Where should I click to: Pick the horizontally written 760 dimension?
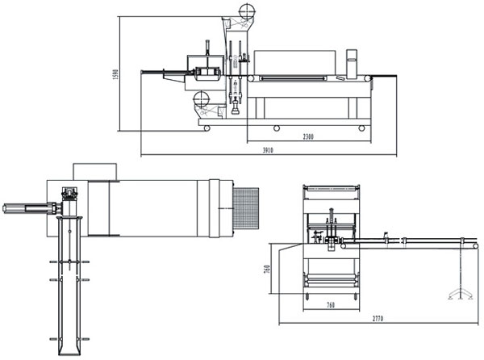pyautogui.click(x=330, y=305)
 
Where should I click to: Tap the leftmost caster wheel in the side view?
pyautogui.click(x=207, y=128)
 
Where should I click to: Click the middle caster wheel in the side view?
pyautogui.click(x=277, y=128)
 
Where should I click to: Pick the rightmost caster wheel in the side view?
pyautogui.click(x=361, y=128)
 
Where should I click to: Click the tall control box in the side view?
pyautogui.click(x=352, y=64)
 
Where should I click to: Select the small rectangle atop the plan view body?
pyautogui.click(x=96, y=171)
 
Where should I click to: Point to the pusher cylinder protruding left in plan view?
pyautogui.click(x=24, y=209)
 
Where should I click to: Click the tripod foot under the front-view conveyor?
pyautogui.click(x=461, y=292)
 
